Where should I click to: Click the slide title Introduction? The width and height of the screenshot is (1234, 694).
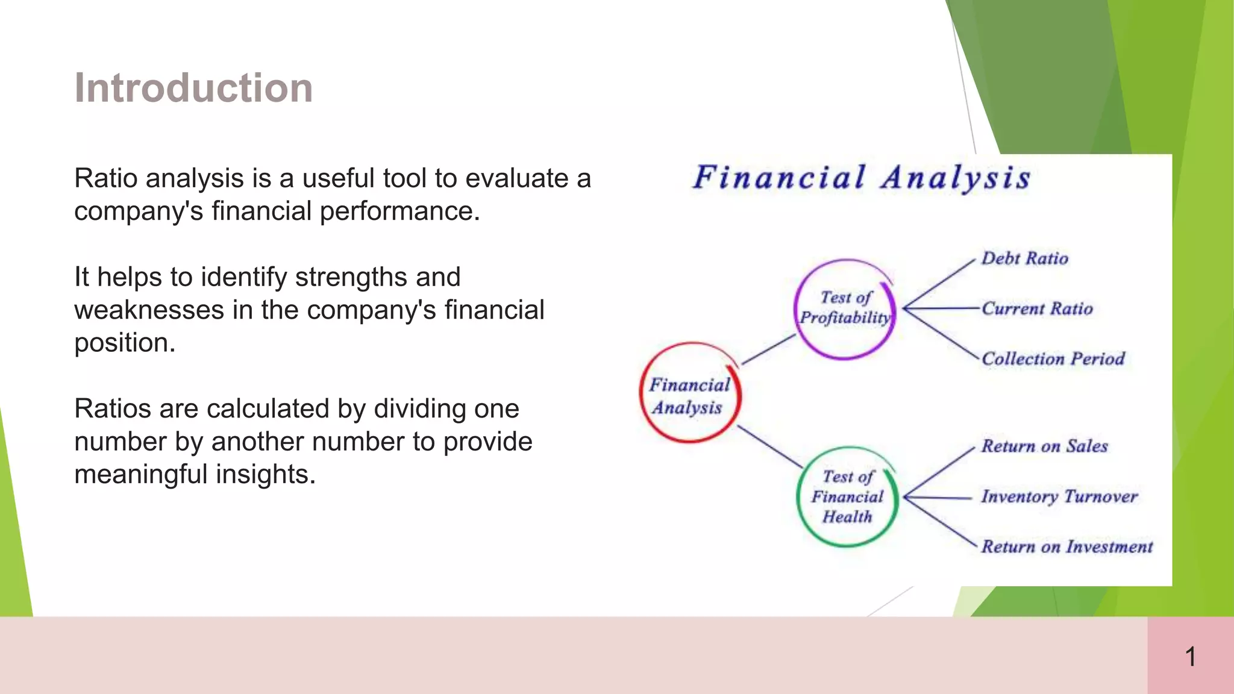click(193, 88)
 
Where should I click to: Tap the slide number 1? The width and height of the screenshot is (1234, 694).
click(1190, 656)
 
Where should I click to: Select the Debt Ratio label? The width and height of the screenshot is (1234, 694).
click(1024, 258)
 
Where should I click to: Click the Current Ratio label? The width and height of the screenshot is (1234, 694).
click(1037, 308)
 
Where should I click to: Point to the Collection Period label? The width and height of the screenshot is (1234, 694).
click(1053, 358)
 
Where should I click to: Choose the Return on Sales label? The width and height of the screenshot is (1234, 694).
click(1044, 446)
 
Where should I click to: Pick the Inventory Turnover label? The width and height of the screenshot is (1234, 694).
click(1059, 496)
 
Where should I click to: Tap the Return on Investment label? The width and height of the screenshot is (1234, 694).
click(1066, 546)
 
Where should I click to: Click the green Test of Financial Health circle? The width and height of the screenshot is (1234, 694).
click(847, 496)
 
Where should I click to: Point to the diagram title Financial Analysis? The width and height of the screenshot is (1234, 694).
click(861, 178)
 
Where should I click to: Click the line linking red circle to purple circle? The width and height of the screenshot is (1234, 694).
click(769, 349)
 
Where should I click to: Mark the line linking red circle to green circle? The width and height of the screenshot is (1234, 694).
click(770, 446)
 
